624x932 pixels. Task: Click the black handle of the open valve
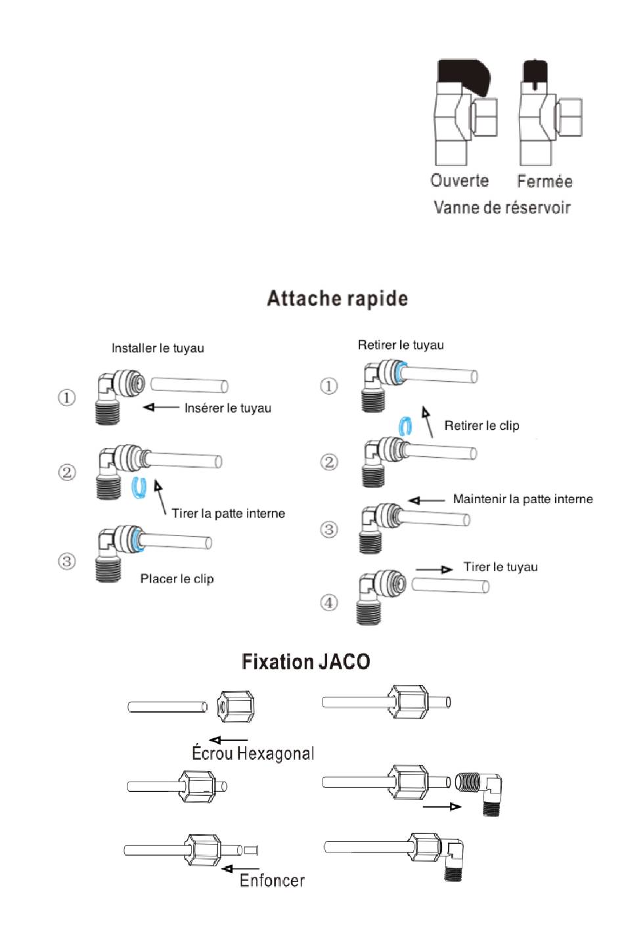pos(462,76)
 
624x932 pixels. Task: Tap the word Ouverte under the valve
pos(459,181)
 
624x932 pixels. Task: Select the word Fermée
pos(545,181)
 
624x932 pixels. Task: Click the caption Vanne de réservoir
pos(502,207)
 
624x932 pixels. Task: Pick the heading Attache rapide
pos(338,299)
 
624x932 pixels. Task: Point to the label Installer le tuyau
pos(158,348)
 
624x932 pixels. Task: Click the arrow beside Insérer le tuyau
pos(161,407)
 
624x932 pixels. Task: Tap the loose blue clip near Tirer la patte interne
pos(139,487)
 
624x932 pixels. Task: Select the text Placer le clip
pos(177,579)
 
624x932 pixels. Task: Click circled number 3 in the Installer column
pos(66,562)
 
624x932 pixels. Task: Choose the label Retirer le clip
pos(481,426)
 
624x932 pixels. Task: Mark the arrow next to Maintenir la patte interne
pos(426,500)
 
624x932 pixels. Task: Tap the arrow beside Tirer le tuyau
pos(434,569)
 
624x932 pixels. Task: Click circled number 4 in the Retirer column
pos(328,602)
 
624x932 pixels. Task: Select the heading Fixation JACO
pos(306,662)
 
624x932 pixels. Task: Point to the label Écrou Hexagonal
pos(253,753)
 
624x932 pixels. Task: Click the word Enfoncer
pos(272,881)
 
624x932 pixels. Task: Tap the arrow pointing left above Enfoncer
pos(240,869)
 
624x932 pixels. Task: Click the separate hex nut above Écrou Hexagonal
pos(235,707)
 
